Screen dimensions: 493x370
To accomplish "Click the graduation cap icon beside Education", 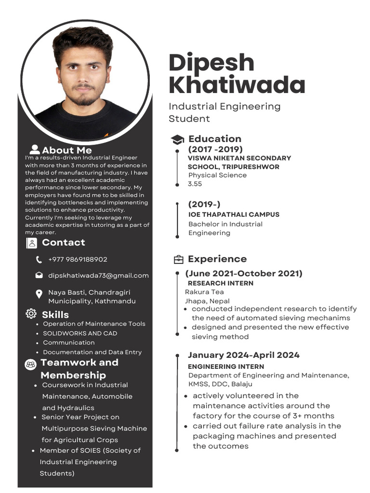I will (x=177, y=140).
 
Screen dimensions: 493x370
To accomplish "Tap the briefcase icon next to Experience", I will (x=178, y=260).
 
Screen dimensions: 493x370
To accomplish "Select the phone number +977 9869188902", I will (x=78, y=259).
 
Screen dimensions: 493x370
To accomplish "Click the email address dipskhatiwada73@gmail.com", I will (x=98, y=275).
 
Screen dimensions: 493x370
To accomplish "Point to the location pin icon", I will (x=39, y=294).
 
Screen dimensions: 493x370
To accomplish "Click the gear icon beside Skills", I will (x=31, y=314).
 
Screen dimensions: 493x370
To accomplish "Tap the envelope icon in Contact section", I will (x=39, y=275).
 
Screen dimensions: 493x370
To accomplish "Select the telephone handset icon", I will (x=39, y=260).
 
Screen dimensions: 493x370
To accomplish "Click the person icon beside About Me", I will (x=35, y=150).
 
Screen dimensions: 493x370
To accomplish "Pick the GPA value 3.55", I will (x=195, y=184).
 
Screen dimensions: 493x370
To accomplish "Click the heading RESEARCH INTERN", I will (x=220, y=283).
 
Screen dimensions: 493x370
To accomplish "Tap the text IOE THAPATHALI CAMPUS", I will (x=234, y=215).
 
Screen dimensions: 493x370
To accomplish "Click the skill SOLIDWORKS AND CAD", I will (x=80, y=333).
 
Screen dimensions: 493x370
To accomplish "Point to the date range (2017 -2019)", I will (x=215, y=149).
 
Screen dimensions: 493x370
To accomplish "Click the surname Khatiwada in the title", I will (x=237, y=85).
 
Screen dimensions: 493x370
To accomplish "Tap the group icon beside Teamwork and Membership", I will (x=31, y=365).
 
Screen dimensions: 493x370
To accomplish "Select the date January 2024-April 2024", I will (x=243, y=355).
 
